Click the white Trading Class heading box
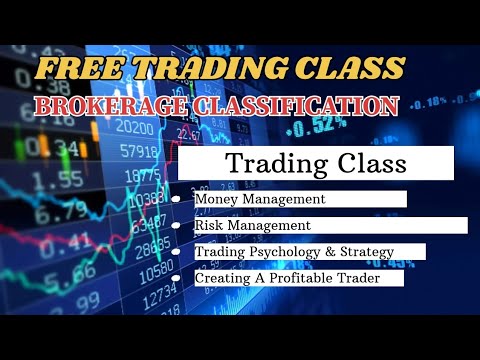pos(316,162)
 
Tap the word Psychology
pos(281,252)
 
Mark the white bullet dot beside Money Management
pos(176,199)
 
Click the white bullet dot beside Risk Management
pos(176,226)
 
